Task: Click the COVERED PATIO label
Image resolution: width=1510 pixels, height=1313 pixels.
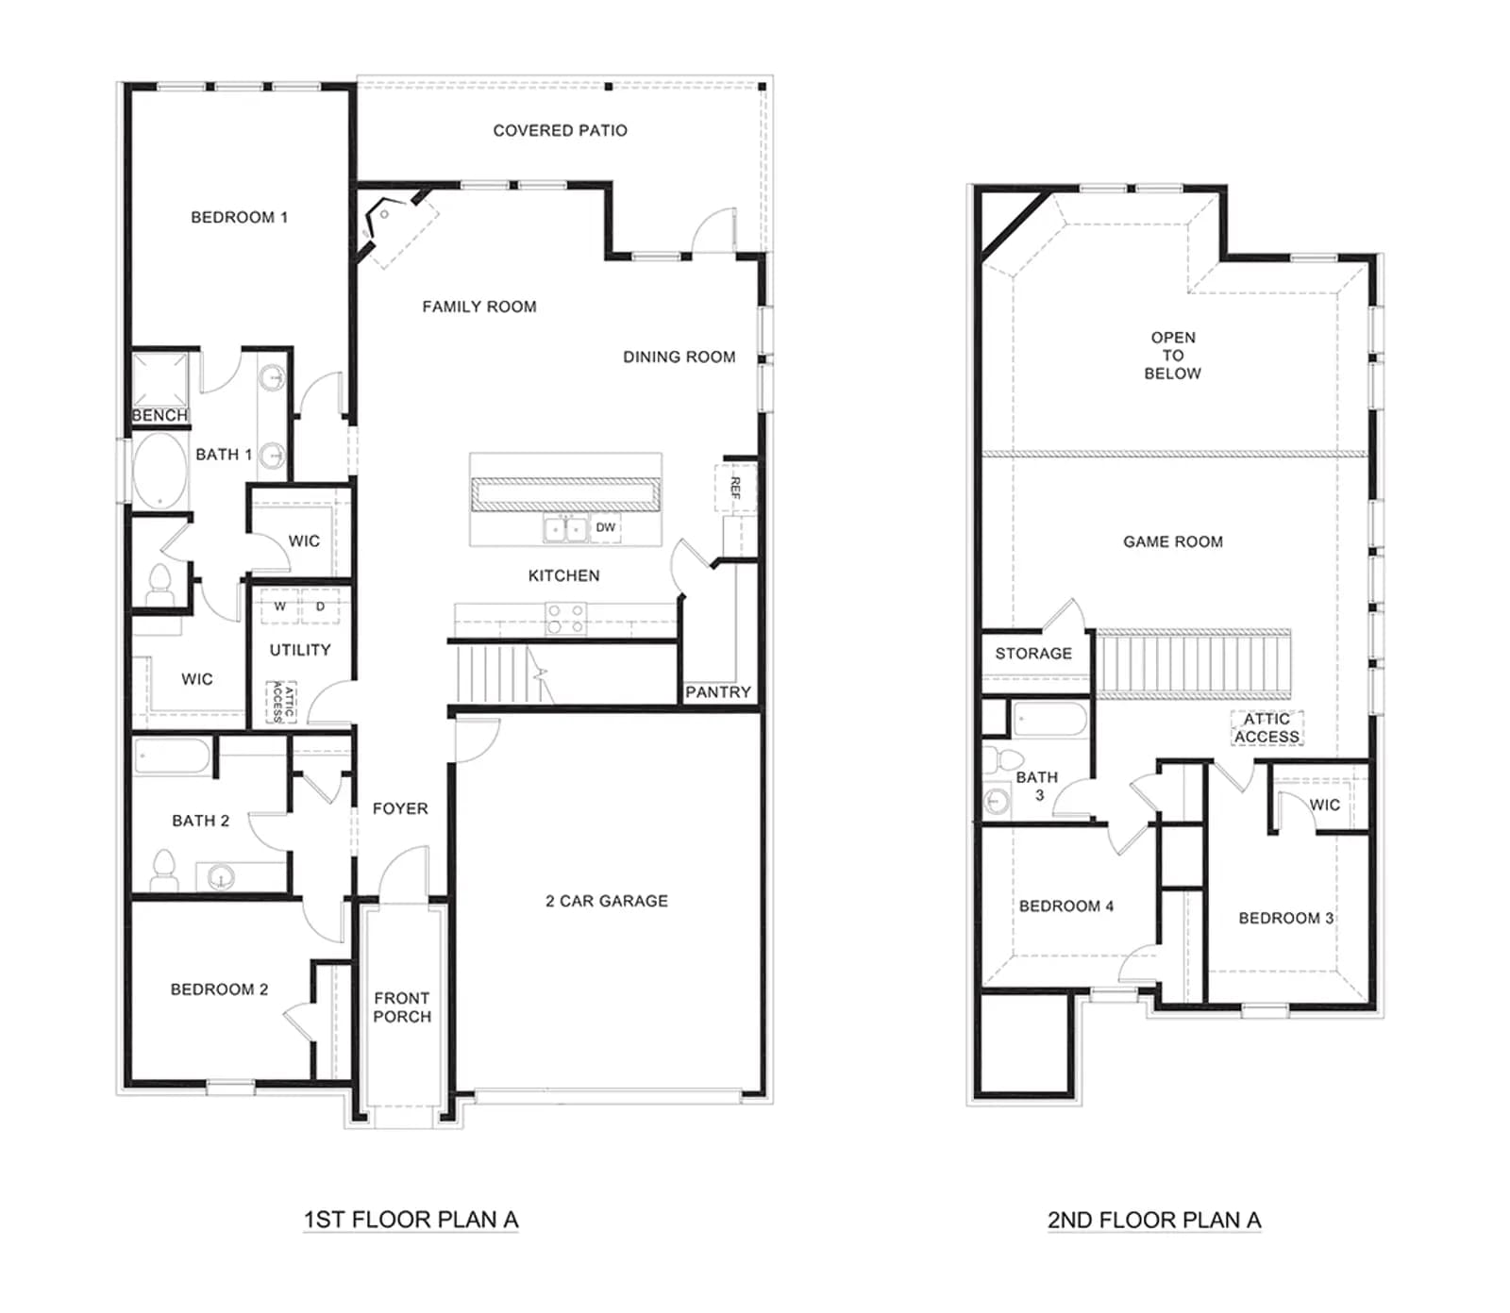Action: click(x=560, y=130)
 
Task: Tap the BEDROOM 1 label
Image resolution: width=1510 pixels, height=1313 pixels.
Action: click(x=239, y=217)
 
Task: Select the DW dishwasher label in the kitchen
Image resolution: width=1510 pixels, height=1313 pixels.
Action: click(x=606, y=527)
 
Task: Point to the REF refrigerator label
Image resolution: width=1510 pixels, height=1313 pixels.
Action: click(x=735, y=488)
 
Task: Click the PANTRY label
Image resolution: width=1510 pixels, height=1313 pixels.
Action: click(x=718, y=692)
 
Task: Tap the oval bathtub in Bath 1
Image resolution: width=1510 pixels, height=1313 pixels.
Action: click(x=160, y=470)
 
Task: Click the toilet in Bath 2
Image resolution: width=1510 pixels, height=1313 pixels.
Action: click(x=164, y=870)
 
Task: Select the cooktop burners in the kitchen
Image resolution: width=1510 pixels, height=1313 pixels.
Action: click(x=565, y=618)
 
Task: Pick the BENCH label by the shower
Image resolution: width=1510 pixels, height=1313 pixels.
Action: click(x=159, y=415)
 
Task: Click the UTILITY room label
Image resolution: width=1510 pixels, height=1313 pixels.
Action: click(x=300, y=650)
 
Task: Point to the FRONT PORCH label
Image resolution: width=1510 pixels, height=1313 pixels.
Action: click(x=402, y=1007)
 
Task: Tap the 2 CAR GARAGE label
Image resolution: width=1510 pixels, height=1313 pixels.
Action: click(x=607, y=901)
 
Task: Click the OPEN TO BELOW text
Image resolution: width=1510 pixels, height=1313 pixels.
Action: click(x=1173, y=356)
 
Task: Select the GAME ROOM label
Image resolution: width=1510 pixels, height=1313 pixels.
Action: click(x=1173, y=541)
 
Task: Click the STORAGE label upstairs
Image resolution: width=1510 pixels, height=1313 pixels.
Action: click(x=1033, y=653)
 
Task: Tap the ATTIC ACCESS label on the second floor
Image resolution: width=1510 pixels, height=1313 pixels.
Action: click(x=1267, y=728)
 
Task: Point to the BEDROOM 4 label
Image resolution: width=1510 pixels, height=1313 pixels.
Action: click(x=1066, y=906)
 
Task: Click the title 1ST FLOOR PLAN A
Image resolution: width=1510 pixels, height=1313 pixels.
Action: click(x=411, y=1220)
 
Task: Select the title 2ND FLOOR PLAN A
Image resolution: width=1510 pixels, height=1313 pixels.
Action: click(x=1154, y=1220)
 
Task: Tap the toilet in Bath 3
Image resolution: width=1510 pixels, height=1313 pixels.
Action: click(x=1004, y=759)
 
